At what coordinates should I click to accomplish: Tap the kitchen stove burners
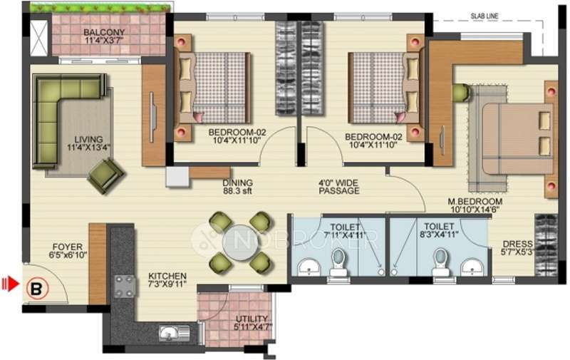pos(124,285)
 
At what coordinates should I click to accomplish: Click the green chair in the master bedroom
pos(459,92)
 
